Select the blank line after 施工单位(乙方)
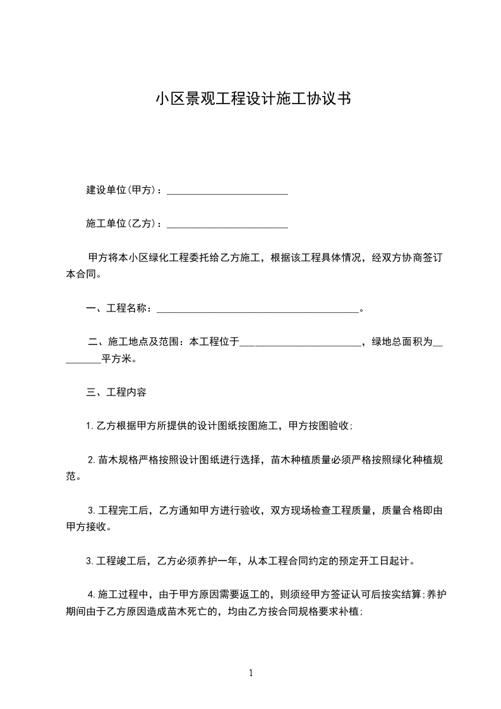pos(227,224)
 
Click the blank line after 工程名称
pos(257,309)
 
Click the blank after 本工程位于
pos(300,343)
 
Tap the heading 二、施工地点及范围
pos(134,343)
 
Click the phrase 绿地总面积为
pos(402,343)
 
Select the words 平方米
pos(118,360)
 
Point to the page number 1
pos(251,674)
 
